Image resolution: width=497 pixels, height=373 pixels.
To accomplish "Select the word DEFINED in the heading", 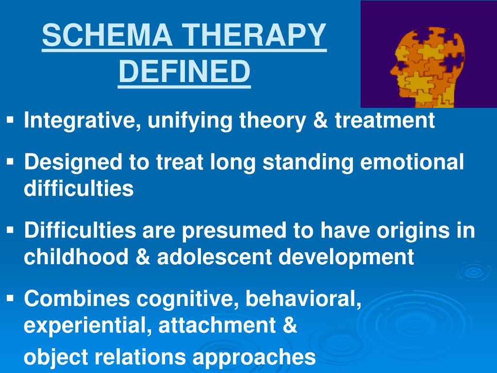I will coord(184,71).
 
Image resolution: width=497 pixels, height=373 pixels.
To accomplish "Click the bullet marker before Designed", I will coord(11,160).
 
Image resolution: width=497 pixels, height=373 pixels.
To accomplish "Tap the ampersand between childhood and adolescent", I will coord(143,257).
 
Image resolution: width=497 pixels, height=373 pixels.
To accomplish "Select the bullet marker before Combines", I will coord(11,298).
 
